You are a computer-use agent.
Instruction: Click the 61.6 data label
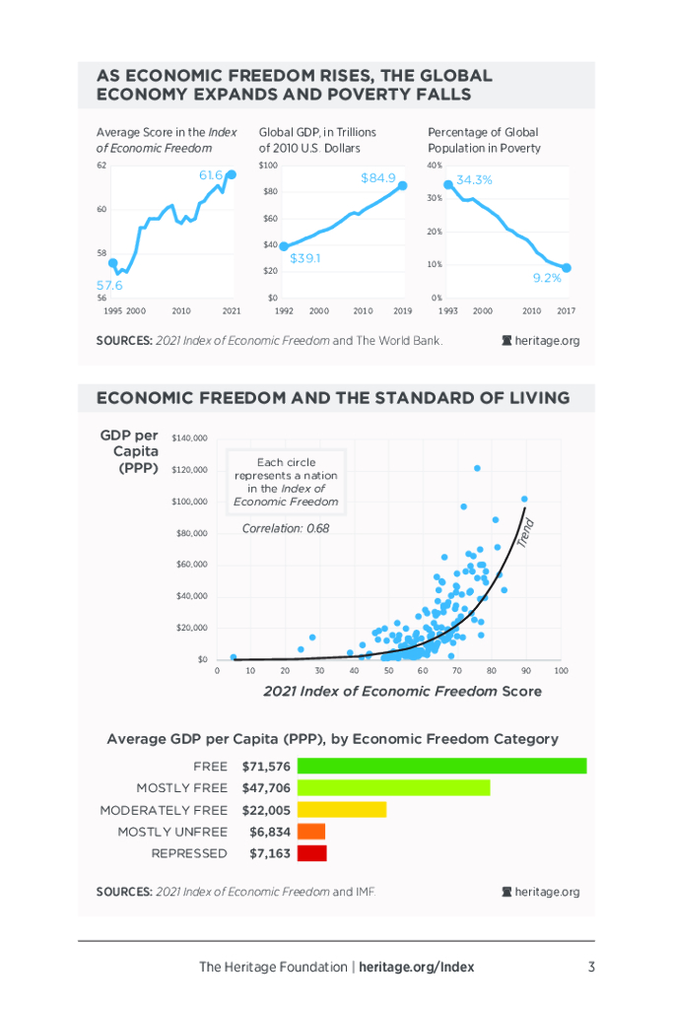[211, 175]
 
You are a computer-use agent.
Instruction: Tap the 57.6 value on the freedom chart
[108, 285]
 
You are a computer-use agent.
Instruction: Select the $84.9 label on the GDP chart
[377, 178]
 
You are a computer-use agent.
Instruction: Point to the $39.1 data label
[305, 258]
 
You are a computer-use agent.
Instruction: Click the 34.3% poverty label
[474, 180]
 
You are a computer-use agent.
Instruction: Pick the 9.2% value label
[547, 278]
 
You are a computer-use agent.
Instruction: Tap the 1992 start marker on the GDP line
[284, 246]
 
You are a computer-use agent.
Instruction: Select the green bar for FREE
[441, 766]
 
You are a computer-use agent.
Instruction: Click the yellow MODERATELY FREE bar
[341, 810]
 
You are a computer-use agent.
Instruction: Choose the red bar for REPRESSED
[311, 853]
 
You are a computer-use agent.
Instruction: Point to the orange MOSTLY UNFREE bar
[310, 832]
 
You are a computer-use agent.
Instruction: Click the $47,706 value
[266, 788]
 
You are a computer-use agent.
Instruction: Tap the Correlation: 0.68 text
[286, 528]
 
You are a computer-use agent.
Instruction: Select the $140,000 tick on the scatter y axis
[189, 437]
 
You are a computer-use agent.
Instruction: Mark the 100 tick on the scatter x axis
[562, 671]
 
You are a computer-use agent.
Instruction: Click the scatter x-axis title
[402, 692]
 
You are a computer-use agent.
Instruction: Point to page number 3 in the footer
[591, 967]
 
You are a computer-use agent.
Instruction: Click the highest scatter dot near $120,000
[477, 468]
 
